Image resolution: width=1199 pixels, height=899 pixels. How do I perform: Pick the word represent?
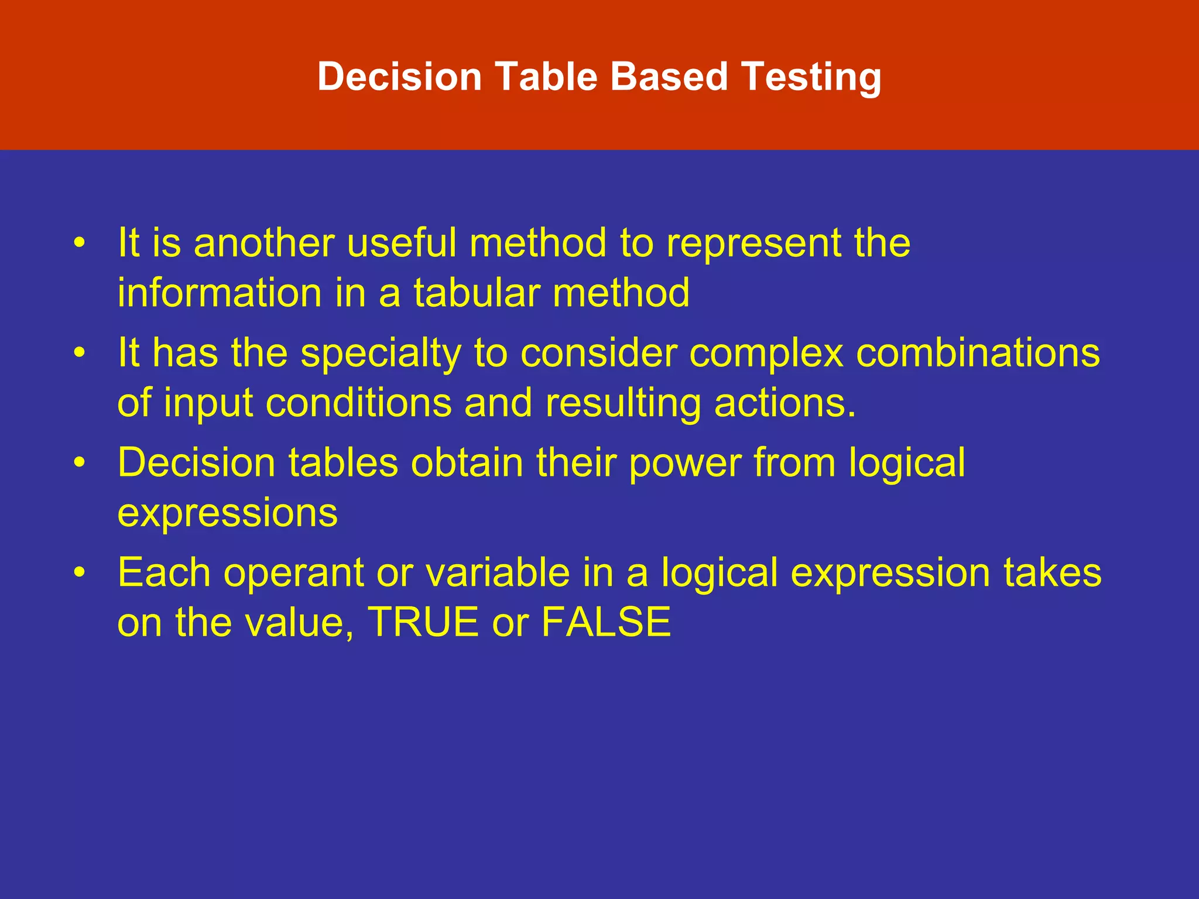(x=753, y=243)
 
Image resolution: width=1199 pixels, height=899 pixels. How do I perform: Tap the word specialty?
(x=381, y=354)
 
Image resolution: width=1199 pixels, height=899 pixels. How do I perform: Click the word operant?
(x=293, y=574)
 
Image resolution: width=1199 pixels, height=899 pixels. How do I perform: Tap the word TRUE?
(x=423, y=622)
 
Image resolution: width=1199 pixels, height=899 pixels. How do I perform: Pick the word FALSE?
(x=606, y=622)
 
